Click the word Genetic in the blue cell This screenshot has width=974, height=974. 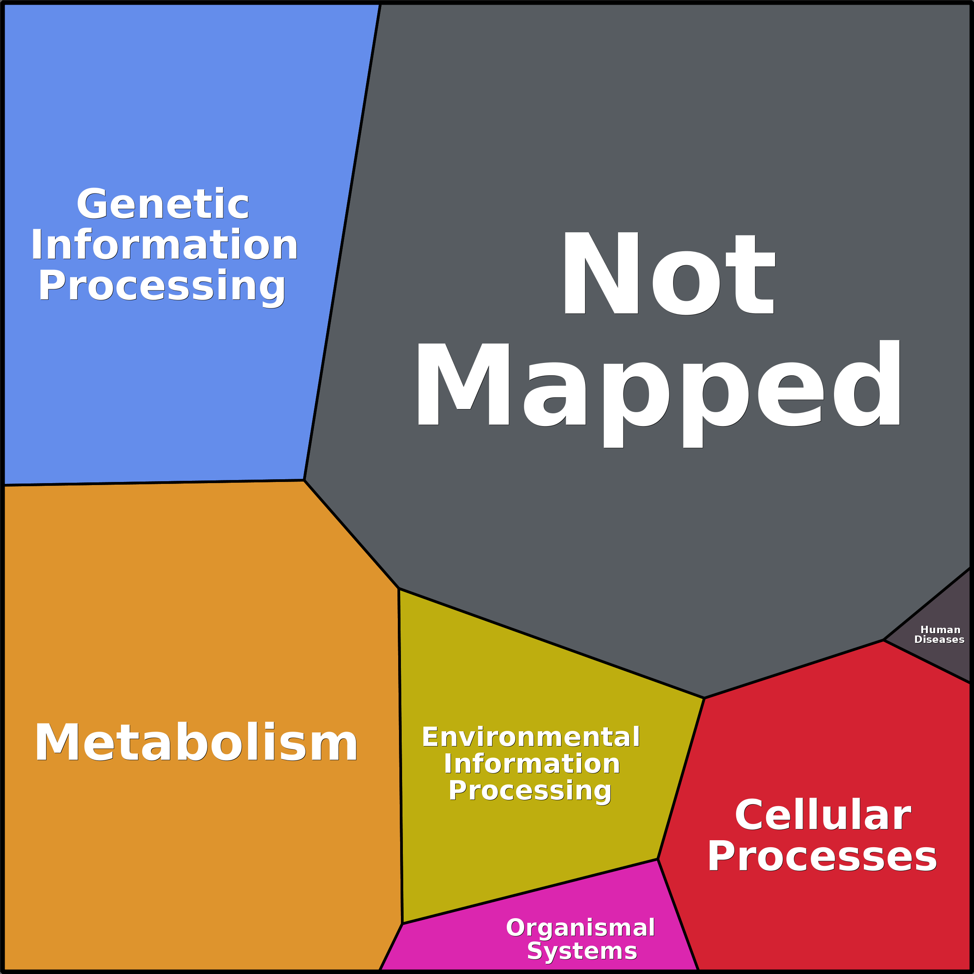click(x=162, y=204)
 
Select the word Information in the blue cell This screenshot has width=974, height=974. click(x=164, y=245)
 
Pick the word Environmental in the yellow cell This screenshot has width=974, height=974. click(x=531, y=737)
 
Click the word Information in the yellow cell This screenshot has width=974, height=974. click(x=532, y=764)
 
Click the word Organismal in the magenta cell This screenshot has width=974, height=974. click(x=580, y=927)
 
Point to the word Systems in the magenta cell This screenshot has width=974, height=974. click(x=582, y=951)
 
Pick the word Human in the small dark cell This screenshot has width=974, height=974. click(x=940, y=630)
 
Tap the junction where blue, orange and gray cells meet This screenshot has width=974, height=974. click(x=304, y=480)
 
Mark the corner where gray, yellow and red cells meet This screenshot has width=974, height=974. click(x=704, y=698)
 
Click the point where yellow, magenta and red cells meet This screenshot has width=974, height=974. click(x=658, y=860)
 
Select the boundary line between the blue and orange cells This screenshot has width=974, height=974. click(x=151, y=483)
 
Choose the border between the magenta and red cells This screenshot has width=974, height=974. click(x=678, y=915)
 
